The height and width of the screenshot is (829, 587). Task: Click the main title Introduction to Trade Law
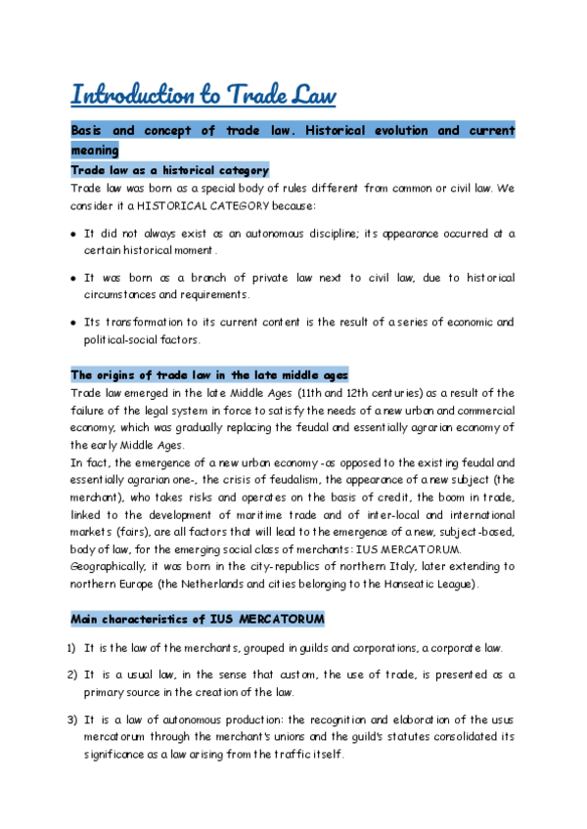pyautogui.click(x=203, y=95)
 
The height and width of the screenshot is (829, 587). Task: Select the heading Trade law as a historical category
pyautogui.click(x=169, y=170)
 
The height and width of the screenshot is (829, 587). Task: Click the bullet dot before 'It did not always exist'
pyautogui.click(x=74, y=235)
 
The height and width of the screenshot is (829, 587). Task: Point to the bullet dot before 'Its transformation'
pyautogui.click(x=74, y=323)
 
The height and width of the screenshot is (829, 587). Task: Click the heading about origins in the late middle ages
pyautogui.click(x=208, y=374)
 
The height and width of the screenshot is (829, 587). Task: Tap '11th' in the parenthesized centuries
pyautogui.click(x=313, y=392)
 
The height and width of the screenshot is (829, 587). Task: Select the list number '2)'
pyautogui.click(x=73, y=675)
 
